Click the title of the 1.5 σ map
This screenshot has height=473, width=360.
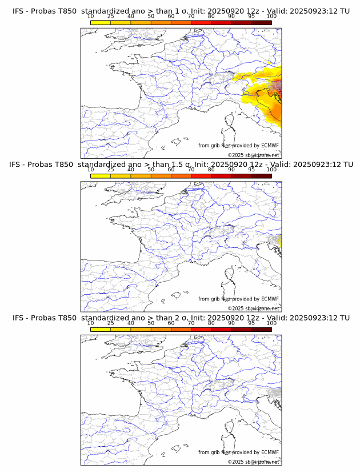pyautogui.click(x=181, y=165)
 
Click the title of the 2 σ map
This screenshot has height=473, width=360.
pyautogui.click(x=181, y=318)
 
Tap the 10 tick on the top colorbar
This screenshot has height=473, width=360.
pyautogui.click(x=91, y=17)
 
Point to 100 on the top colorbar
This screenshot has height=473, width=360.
pyautogui.click(x=271, y=17)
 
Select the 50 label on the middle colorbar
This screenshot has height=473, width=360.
pyautogui.click(x=151, y=170)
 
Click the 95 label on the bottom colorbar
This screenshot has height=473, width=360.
pyautogui.click(x=251, y=323)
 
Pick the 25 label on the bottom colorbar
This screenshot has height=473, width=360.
pyautogui.click(x=111, y=323)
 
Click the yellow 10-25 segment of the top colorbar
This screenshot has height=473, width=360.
pyautogui.click(x=101, y=22)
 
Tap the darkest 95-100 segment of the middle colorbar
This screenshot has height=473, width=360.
pyautogui.click(x=261, y=175)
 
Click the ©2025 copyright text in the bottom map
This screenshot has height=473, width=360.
pyautogui.click(x=253, y=462)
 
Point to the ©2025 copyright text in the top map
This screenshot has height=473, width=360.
pyautogui.click(x=253, y=155)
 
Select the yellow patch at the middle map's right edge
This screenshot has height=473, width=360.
pyautogui.click(x=279, y=240)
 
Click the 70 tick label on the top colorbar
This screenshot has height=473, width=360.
pyautogui.click(x=191, y=17)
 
